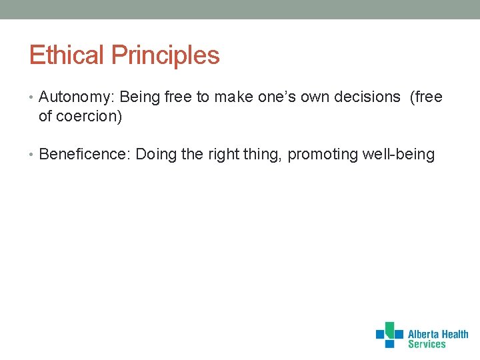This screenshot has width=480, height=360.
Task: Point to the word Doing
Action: click(x=157, y=155)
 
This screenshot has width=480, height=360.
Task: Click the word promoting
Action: click(x=323, y=155)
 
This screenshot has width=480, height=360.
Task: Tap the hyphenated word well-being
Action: click(x=399, y=155)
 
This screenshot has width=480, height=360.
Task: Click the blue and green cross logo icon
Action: click(x=389, y=335)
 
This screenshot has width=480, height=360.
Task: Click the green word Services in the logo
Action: click(x=427, y=345)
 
